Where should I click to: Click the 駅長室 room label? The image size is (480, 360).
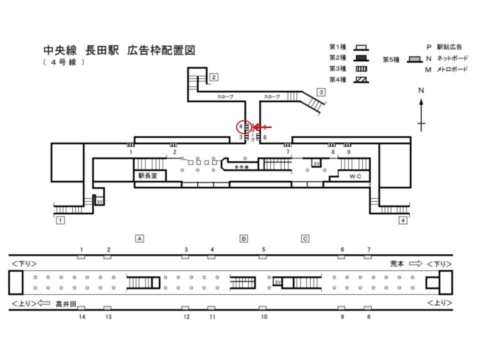148,176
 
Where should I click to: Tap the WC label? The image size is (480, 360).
355,176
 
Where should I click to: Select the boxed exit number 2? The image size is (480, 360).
213,77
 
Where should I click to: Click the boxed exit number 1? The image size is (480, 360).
60,220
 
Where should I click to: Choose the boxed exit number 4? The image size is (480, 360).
402,220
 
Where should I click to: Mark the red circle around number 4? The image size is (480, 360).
242,127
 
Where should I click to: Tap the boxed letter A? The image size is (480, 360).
140,238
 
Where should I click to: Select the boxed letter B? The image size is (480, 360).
243,238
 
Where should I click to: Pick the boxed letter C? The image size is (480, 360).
305,238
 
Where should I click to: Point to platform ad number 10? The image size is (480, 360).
264,317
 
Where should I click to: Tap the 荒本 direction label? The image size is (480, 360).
397,263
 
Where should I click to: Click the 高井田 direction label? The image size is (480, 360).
65,302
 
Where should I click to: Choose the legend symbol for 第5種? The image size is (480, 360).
413,59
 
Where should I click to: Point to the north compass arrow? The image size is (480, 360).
421,112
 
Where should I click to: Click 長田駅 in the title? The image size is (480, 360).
102,50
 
